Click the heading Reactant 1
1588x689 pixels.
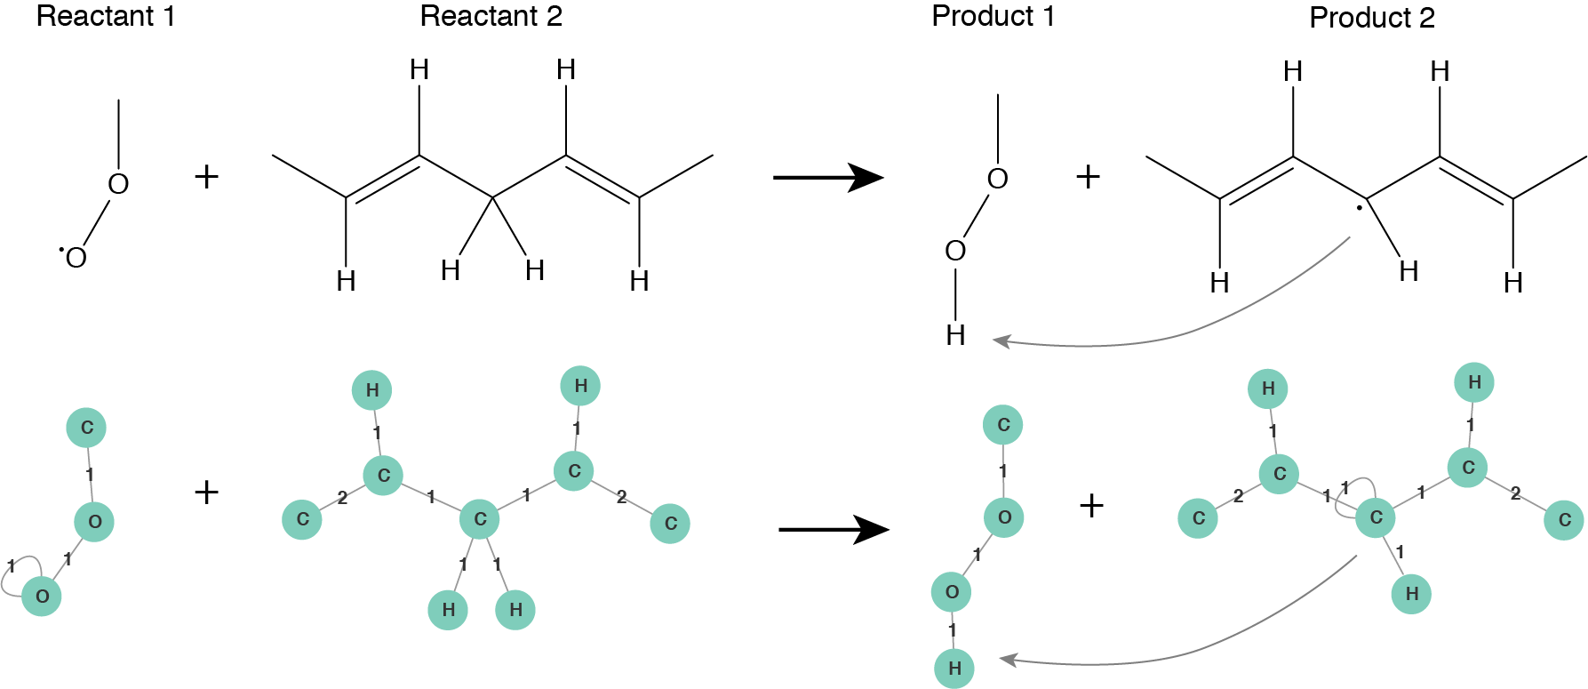click(105, 16)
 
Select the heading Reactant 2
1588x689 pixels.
click(491, 16)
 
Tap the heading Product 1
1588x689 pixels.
click(993, 16)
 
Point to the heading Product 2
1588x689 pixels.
click(1371, 18)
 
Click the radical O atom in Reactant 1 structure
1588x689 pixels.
click(76, 258)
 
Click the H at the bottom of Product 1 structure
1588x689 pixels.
click(955, 335)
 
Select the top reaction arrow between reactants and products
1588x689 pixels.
click(826, 177)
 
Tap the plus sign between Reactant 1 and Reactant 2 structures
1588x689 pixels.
click(206, 177)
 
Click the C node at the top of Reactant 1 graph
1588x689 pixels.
click(86, 428)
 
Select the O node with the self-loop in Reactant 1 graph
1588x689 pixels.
click(42, 597)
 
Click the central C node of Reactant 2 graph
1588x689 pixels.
click(480, 519)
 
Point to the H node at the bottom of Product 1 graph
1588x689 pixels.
click(954, 668)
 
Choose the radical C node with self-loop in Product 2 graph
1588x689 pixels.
click(1376, 517)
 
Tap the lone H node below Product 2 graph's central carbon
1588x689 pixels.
click(1411, 594)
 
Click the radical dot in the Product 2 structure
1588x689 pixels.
click(1359, 209)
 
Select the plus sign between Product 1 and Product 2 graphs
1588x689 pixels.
click(1091, 506)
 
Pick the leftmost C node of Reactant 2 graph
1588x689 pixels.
click(302, 519)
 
